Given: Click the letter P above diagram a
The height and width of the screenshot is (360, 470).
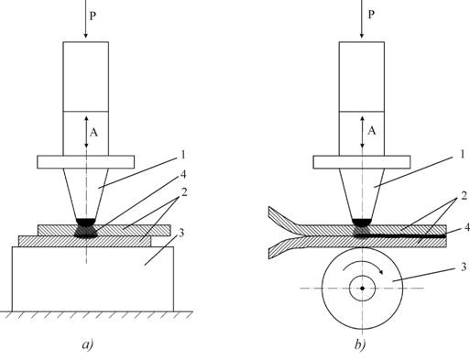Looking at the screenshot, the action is [93, 16].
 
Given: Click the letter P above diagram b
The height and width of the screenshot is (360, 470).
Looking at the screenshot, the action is [371, 15].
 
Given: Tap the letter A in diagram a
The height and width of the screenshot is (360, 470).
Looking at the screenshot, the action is [93, 133].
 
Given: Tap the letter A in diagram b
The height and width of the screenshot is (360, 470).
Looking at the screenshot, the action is [372, 131].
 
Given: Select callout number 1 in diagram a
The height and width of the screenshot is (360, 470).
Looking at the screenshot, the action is [183, 155].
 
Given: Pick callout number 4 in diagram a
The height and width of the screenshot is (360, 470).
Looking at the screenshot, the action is [183, 174].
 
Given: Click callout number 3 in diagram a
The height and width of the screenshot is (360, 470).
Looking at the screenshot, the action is [181, 233].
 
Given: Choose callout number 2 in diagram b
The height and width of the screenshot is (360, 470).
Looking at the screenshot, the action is [465, 196].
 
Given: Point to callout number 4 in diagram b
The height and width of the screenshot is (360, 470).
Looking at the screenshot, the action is [466, 227].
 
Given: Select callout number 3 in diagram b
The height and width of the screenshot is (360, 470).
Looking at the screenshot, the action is [464, 267].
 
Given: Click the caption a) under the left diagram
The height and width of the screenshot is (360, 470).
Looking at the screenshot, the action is [88, 344].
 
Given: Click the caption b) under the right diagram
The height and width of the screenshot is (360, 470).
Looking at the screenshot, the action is [360, 344].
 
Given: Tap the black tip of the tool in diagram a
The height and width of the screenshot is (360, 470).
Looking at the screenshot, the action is [86, 222].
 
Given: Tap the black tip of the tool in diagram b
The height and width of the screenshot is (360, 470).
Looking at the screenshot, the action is [362, 222].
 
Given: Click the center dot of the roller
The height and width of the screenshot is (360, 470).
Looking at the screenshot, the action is [363, 289].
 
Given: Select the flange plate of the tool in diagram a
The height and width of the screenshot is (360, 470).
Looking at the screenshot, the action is [86, 162].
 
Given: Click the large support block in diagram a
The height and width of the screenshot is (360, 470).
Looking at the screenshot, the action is [93, 279].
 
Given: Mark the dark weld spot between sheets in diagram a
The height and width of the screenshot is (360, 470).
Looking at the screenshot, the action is [86, 231].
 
